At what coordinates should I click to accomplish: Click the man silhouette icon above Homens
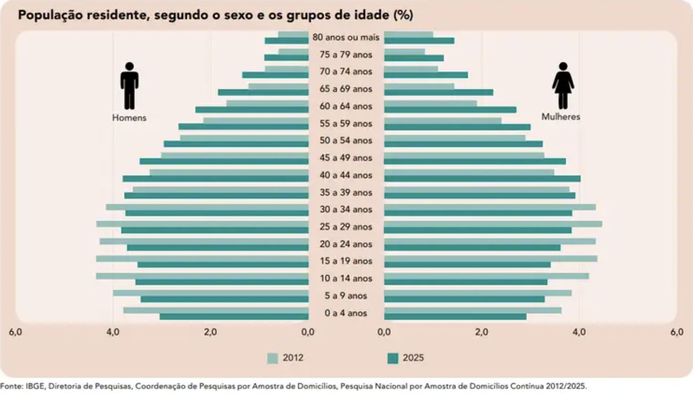[129, 85]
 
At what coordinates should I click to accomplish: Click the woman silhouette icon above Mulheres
[563, 85]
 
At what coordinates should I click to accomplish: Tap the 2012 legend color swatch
[272, 358]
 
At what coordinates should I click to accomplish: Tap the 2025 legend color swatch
[392, 358]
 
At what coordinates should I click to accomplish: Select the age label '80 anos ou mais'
[346, 38]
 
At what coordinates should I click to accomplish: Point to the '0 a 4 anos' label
[346, 313]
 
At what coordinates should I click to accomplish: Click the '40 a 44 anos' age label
[346, 175]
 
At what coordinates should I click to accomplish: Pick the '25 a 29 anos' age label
[346, 227]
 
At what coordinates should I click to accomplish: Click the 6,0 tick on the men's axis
[16, 332]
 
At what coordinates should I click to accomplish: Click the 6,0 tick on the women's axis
[677, 332]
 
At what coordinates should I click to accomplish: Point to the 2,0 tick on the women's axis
[482, 332]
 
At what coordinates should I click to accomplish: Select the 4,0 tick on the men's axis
[113, 332]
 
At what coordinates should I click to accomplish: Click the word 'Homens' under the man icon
[129, 118]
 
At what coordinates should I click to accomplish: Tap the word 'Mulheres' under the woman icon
[561, 117]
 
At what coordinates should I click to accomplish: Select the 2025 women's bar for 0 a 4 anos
[455, 317]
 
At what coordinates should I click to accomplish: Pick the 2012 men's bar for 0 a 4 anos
[216, 310]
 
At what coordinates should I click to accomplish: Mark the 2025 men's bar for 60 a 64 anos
[251, 110]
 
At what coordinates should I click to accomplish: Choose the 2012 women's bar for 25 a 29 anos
[493, 224]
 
